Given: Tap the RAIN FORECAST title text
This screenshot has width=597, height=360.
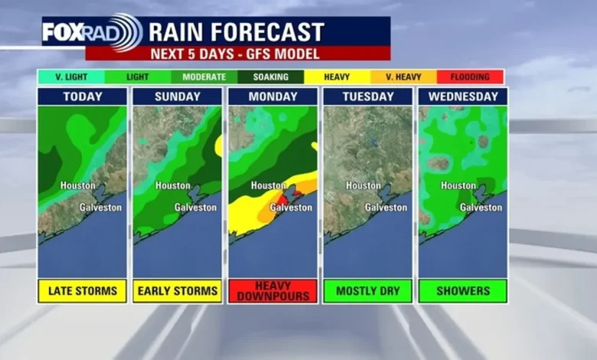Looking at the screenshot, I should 237,32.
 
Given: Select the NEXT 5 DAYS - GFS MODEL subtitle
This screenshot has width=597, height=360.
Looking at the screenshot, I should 237,53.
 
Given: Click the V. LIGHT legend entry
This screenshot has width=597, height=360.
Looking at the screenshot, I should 67,77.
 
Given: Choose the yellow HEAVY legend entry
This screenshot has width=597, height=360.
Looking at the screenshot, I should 337,77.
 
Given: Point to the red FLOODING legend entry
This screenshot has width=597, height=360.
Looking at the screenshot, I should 470,77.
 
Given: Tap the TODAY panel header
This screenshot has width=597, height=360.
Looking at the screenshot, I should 82,97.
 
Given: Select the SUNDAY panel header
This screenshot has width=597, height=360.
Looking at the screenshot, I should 178,97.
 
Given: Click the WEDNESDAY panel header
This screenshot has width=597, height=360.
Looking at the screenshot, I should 462,97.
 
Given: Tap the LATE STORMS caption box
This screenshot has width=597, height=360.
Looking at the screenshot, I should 82,291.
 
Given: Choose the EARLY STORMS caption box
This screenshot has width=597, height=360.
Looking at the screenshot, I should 178,291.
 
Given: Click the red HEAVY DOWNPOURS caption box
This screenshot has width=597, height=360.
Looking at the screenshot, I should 272,291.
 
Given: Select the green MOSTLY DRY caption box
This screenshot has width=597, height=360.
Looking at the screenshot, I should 367,291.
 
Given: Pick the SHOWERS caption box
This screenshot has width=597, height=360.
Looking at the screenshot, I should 462,291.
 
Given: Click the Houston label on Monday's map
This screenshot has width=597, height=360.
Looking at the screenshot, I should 268,186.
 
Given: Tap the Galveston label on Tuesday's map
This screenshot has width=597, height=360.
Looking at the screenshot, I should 386,208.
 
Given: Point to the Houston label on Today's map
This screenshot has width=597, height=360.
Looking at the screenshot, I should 78,186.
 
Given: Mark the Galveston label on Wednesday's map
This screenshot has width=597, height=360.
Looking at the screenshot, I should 481,208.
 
